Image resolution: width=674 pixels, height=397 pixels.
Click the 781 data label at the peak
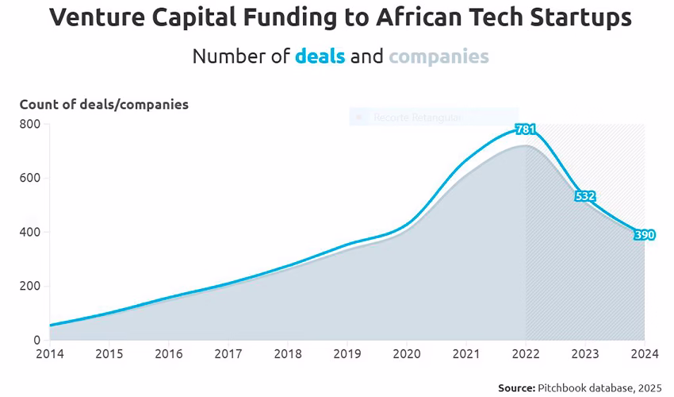click(x=525, y=129)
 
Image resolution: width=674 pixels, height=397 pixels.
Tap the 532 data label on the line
click(x=585, y=196)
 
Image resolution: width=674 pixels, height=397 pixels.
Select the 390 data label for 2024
click(x=644, y=236)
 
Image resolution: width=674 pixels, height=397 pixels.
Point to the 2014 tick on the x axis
click(x=49, y=354)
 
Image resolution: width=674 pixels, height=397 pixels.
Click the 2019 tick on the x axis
click(x=347, y=354)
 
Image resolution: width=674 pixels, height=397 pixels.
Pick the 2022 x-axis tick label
click(x=525, y=354)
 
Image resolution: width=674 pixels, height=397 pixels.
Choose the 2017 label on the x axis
click(x=228, y=354)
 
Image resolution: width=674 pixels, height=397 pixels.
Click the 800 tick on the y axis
click(x=30, y=124)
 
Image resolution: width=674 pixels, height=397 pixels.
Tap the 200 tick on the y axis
click(x=30, y=287)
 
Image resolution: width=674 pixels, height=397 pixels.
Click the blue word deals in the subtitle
click(x=320, y=57)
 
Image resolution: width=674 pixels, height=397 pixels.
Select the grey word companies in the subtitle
click(x=438, y=57)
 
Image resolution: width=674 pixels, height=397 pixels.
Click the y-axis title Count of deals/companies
click(x=104, y=105)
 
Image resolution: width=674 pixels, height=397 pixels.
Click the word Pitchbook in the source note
click(x=565, y=387)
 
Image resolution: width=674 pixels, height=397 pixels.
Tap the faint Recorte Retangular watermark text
click(x=417, y=118)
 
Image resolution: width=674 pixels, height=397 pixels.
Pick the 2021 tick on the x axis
click(x=465, y=354)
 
